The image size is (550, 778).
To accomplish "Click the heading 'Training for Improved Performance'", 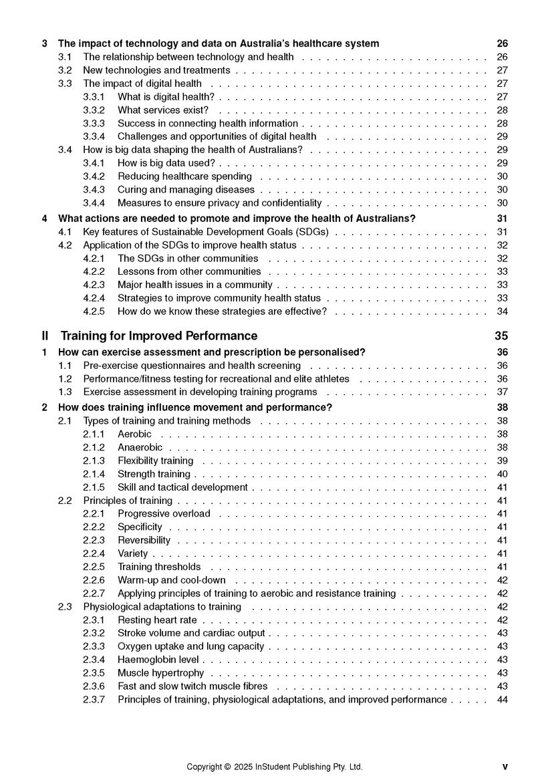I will (x=158, y=336).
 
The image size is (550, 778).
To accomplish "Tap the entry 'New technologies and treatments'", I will (x=156, y=70).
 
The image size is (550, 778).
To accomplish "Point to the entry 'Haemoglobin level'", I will (x=158, y=660).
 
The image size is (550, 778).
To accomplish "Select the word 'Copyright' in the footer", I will (x=205, y=767).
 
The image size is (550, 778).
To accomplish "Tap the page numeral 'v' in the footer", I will (x=505, y=767).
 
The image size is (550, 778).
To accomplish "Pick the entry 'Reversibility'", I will (x=144, y=540).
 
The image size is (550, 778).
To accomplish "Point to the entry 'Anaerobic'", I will (x=140, y=448).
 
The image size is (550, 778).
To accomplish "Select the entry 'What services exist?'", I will (x=163, y=110).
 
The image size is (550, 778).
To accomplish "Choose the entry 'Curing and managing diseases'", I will (x=186, y=190).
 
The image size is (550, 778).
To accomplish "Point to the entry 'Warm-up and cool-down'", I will (x=172, y=580).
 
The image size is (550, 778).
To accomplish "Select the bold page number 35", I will (x=501, y=336).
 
